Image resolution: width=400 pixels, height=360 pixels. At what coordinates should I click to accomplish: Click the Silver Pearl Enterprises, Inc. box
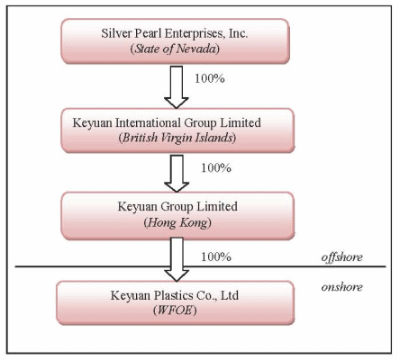(176, 41)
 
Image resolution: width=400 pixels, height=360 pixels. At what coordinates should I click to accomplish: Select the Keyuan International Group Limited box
(177, 130)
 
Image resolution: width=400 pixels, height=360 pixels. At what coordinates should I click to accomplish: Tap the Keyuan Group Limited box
(177, 216)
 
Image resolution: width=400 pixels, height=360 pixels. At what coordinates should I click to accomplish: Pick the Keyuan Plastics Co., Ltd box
(176, 302)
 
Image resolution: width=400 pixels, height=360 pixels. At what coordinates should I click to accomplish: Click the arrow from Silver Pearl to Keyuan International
(177, 87)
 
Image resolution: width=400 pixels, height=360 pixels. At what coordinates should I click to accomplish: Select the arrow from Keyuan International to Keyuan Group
(177, 174)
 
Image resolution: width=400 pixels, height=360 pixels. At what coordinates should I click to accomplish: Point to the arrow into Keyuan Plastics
(177, 259)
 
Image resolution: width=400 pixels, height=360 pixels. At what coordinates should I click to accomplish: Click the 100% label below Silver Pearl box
(210, 78)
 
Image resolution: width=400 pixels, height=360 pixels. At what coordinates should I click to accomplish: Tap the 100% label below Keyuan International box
(216, 167)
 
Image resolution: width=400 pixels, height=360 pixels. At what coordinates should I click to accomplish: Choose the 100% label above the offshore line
(216, 256)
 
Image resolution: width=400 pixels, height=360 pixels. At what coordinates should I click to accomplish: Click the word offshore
(341, 257)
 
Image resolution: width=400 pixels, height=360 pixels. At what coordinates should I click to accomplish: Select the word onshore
(341, 287)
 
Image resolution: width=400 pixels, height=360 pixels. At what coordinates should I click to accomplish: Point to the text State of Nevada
(175, 49)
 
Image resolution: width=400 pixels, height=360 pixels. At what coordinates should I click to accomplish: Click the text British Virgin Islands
(177, 138)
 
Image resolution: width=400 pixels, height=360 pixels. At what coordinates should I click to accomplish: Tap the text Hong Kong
(177, 223)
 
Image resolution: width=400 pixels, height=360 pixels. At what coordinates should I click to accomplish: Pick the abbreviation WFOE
(175, 310)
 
